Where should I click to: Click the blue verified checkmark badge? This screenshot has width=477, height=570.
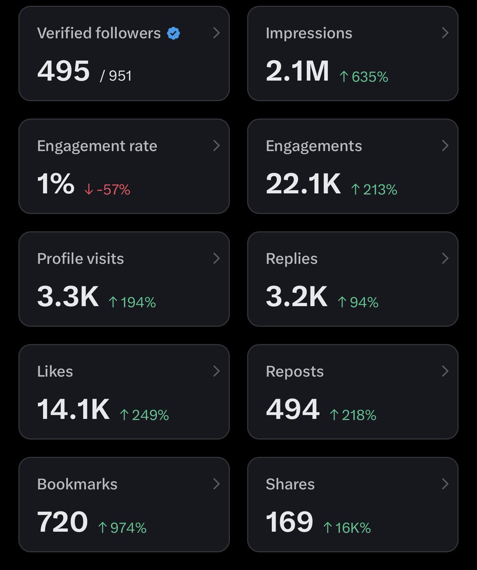click(x=173, y=34)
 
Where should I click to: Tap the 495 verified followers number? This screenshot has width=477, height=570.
click(x=63, y=71)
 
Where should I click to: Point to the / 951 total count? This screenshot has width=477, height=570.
click(x=116, y=76)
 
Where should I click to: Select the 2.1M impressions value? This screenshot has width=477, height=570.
click(x=297, y=71)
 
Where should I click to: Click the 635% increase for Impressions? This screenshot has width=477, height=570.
click(x=363, y=76)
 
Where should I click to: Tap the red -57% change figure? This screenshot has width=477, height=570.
click(x=107, y=190)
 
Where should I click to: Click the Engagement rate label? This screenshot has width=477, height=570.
click(x=97, y=146)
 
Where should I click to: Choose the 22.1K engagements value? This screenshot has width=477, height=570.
click(x=303, y=184)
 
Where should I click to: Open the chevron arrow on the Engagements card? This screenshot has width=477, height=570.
click(x=445, y=145)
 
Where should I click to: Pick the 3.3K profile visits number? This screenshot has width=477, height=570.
click(x=68, y=296)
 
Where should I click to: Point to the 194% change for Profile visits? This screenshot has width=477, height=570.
click(x=133, y=302)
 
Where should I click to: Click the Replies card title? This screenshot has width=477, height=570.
click(x=292, y=258)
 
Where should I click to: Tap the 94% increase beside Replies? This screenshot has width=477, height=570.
click(x=358, y=302)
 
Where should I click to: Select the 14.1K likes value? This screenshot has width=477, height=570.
click(x=73, y=409)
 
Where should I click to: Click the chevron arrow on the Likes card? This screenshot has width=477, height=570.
click(x=216, y=371)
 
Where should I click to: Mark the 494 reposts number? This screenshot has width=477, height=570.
click(x=293, y=409)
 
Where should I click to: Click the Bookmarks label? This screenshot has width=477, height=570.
click(x=77, y=484)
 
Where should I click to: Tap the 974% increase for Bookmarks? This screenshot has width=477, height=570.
click(x=122, y=528)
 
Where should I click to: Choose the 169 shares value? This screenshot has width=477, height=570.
click(x=289, y=522)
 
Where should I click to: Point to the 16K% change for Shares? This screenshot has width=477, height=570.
click(x=347, y=528)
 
